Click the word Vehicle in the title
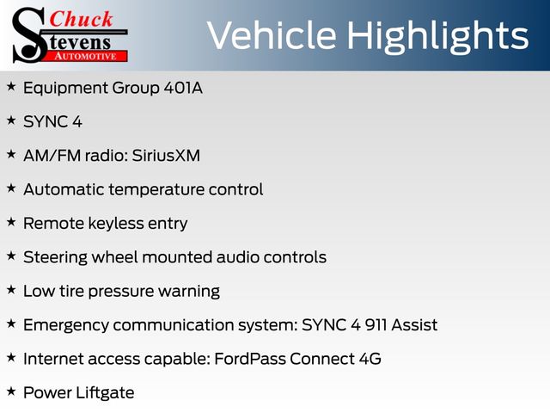(272, 35)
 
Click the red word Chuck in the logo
(81, 19)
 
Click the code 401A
(183, 88)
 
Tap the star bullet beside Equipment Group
(11, 86)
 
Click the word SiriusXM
(166, 156)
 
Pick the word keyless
(116, 224)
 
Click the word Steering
(55, 258)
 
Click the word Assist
(414, 325)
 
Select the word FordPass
(250, 359)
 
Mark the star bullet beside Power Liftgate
(11, 391)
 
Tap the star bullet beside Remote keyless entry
(11, 222)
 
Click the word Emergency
(66, 326)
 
